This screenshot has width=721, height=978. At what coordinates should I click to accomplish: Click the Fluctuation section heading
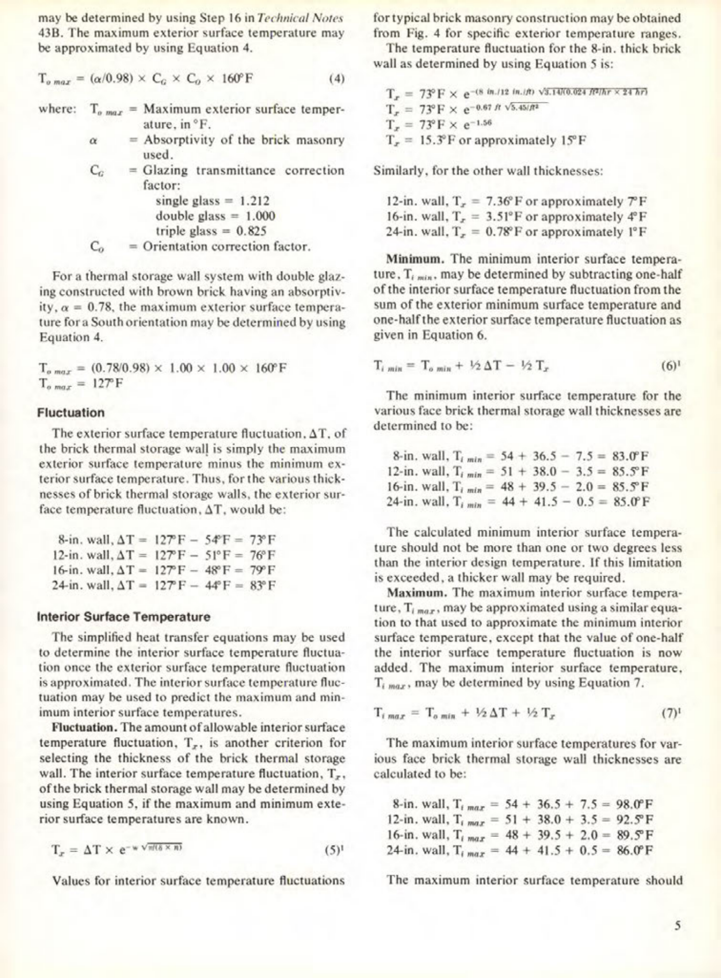click(x=71, y=413)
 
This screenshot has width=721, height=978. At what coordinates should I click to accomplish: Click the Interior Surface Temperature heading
click(x=124, y=617)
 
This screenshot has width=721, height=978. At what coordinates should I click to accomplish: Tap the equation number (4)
click(x=336, y=79)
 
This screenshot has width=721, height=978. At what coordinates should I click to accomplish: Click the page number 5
click(x=677, y=926)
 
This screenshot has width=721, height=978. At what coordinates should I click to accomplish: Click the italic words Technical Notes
click(x=300, y=18)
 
